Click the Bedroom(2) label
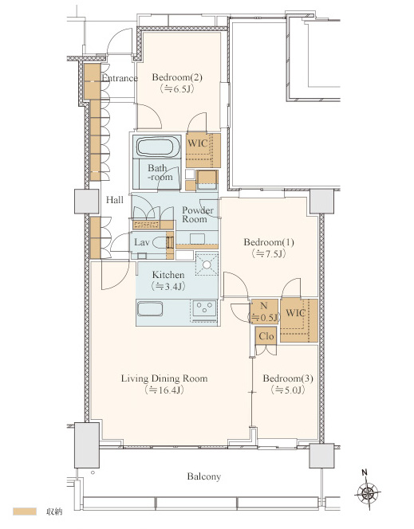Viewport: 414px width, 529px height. pos(177,77)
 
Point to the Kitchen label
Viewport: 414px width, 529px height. pos(168,275)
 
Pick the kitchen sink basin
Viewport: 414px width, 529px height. pos(150,309)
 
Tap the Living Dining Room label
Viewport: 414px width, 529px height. pos(164,378)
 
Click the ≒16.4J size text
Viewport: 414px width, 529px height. pos(164,390)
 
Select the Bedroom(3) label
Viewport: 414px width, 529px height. pos(288,378)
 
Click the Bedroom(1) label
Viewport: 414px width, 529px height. pos(269,242)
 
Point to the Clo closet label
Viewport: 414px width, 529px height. pos(266,336)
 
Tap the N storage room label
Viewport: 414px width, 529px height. pos(264,306)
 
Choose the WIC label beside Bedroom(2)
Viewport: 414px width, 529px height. pos(198,143)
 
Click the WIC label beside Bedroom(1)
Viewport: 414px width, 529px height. pos(295,313)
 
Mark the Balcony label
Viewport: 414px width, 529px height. pos(204,476)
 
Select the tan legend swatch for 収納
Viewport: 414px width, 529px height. pos(25,511)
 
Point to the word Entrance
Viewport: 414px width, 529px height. pos(120,78)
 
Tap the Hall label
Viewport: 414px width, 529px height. pos(115,200)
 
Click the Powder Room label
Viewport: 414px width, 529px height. pos(198,214)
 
